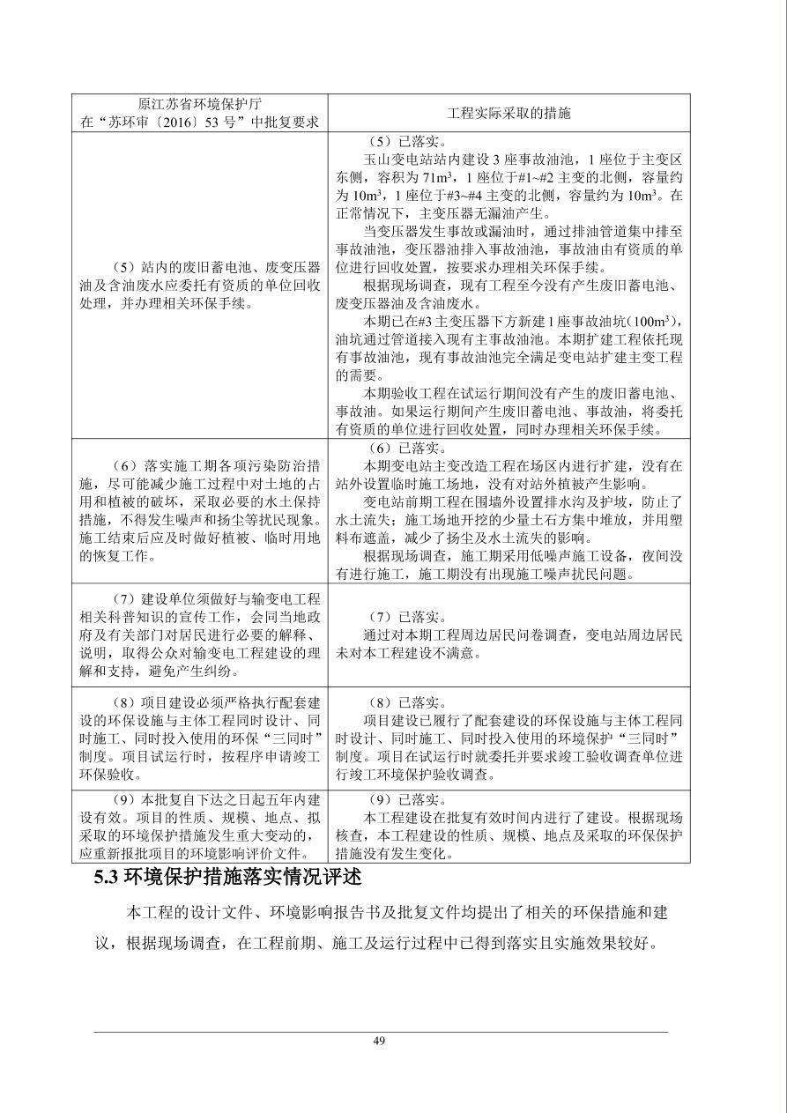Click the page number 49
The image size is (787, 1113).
(x=379, y=1041)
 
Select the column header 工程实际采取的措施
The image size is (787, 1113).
(x=509, y=113)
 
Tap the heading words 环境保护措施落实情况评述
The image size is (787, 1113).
(x=243, y=879)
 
